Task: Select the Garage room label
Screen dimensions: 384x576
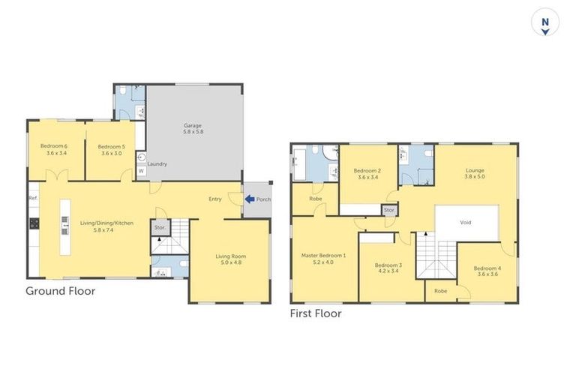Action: pos(193,127)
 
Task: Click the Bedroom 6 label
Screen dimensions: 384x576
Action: pos(56,148)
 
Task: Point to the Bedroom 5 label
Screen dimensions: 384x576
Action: pos(110,148)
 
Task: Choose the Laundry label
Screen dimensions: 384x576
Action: pos(157,163)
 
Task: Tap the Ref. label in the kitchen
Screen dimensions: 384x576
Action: pos(33,198)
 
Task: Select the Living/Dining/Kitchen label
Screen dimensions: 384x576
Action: pos(88,226)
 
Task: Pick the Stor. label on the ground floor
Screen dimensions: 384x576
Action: pos(159,227)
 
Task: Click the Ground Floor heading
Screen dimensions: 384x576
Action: pos(61,291)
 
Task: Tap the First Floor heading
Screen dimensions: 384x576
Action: pos(316,313)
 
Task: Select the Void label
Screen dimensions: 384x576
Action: pos(466,223)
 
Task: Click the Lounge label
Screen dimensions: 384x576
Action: pos(475,172)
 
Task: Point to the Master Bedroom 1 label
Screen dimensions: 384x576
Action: pos(324,259)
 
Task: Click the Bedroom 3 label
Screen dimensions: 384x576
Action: pos(388,268)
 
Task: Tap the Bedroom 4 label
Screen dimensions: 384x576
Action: pos(487,271)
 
